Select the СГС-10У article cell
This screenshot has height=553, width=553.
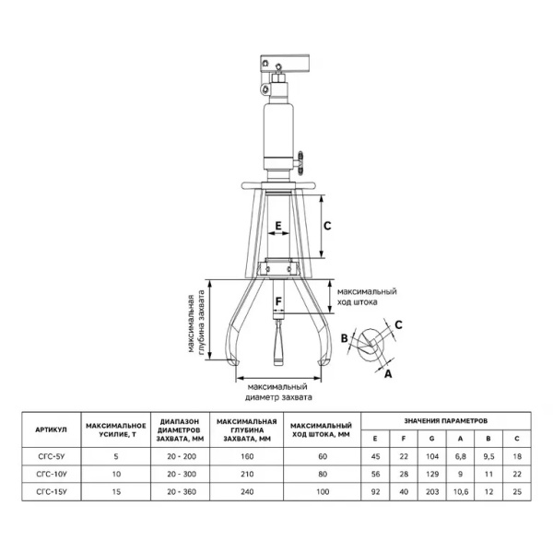coord(51,475)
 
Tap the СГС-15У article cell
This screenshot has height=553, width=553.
coord(51,494)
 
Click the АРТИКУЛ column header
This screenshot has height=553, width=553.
coord(51,429)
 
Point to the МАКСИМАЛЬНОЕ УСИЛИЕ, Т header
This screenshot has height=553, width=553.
coord(117,429)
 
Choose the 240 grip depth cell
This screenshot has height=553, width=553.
coord(244,494)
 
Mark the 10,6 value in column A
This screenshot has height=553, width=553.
coord(461,494)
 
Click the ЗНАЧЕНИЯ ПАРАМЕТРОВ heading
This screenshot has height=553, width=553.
coord(446,419)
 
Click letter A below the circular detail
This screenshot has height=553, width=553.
coord(387,373)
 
